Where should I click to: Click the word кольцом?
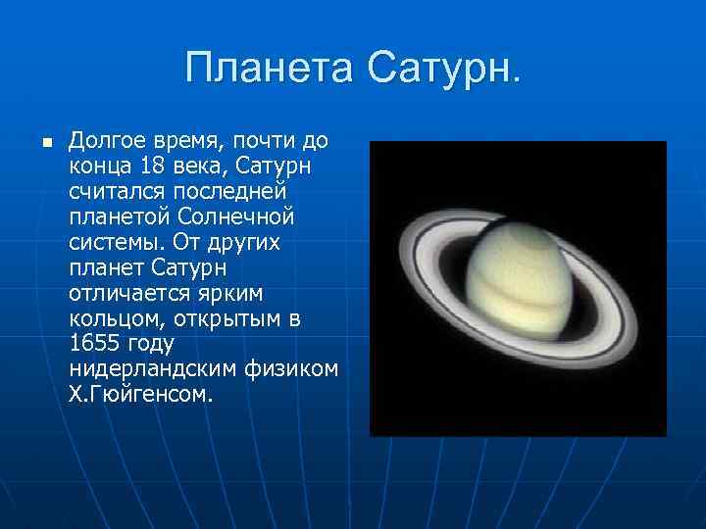coord(113,317)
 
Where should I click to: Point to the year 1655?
coord(93,343)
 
